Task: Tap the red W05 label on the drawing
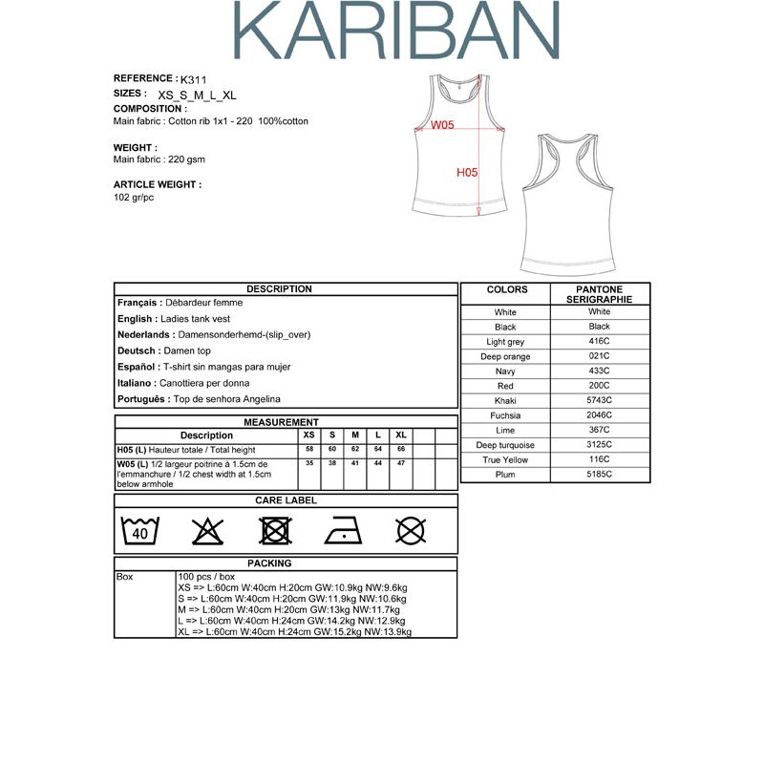[442, 125]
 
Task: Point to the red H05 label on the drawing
[467, 173]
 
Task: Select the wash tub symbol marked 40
[140, 530]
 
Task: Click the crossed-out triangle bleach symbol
[207, 530]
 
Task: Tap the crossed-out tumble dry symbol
[275, 530]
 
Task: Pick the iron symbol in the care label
[343, 530]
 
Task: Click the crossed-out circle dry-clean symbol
[411, 530]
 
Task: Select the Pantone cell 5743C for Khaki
[600, 401]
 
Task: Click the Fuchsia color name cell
[505, 415]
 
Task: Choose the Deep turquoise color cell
[505, 445]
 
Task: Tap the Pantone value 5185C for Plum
[600, 475]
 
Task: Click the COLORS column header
[506, 289]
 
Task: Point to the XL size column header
[401, 435]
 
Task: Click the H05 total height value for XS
[308, 449]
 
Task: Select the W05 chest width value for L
[378, 463]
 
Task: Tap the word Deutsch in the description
[136, 351]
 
